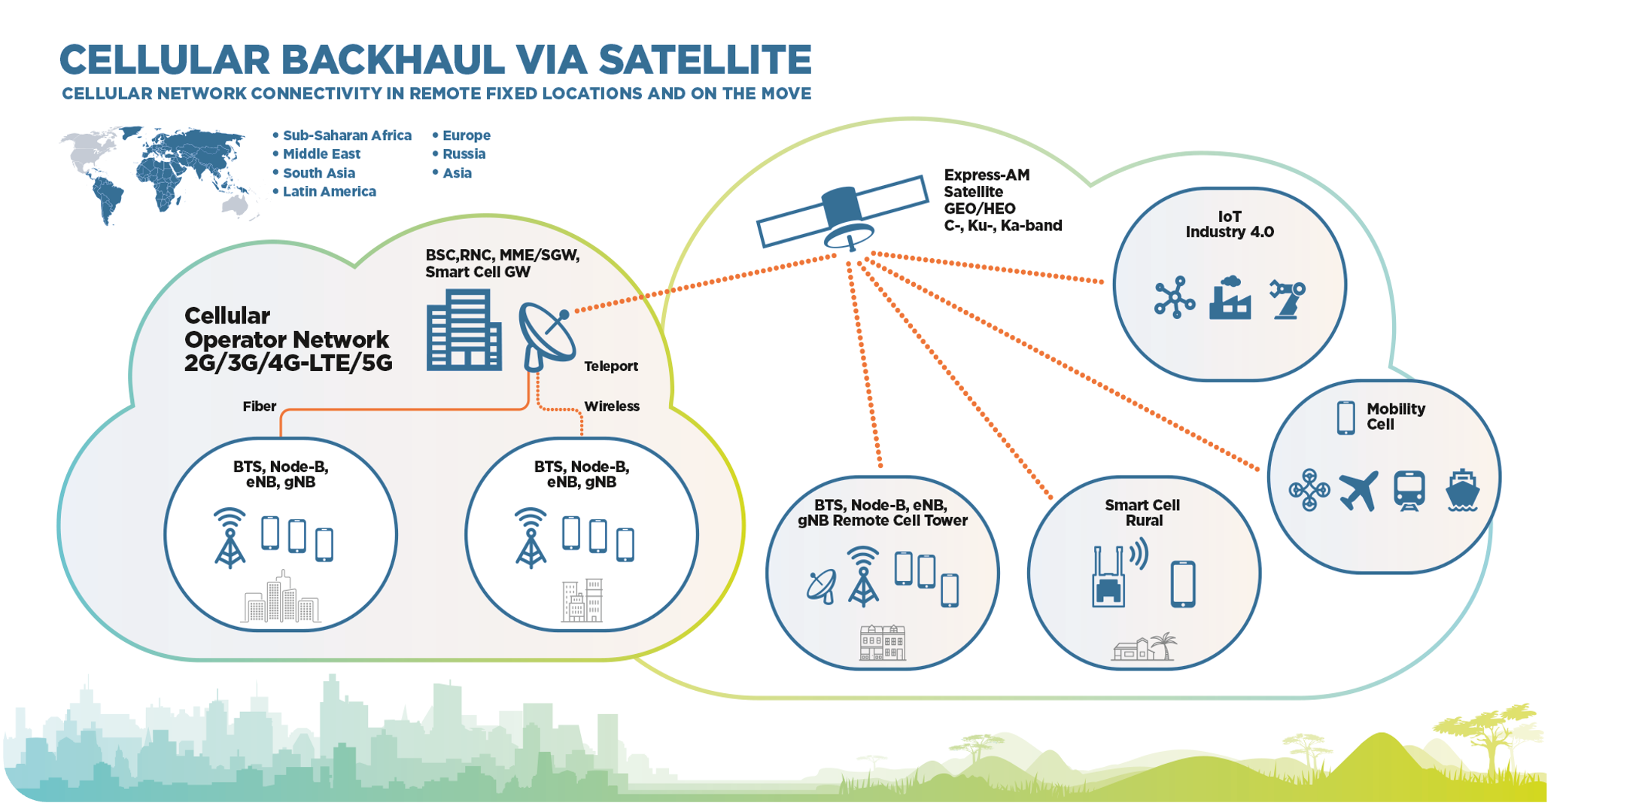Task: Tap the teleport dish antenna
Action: pos(546,336)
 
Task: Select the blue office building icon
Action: pos(464,331)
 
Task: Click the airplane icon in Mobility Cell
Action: pos(1359,491)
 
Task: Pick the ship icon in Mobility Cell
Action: pos(1462,491)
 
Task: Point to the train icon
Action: pos(1409,491)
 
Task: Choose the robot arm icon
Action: pos(1287,299)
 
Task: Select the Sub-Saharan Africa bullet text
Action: pos(346,135)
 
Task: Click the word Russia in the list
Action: pos(464,154)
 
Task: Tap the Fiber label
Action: pos(260,406)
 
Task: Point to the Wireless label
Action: pos(612,406)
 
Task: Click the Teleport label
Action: pos(611,367)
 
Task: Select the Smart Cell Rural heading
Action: pos(1142,513)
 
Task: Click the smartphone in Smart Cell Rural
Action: pos(1183,584)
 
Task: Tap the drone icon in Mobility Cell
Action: pos(1309,491)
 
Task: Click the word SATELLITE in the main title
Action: pos(705,60)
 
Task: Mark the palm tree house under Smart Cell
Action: pos(1145,646)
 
